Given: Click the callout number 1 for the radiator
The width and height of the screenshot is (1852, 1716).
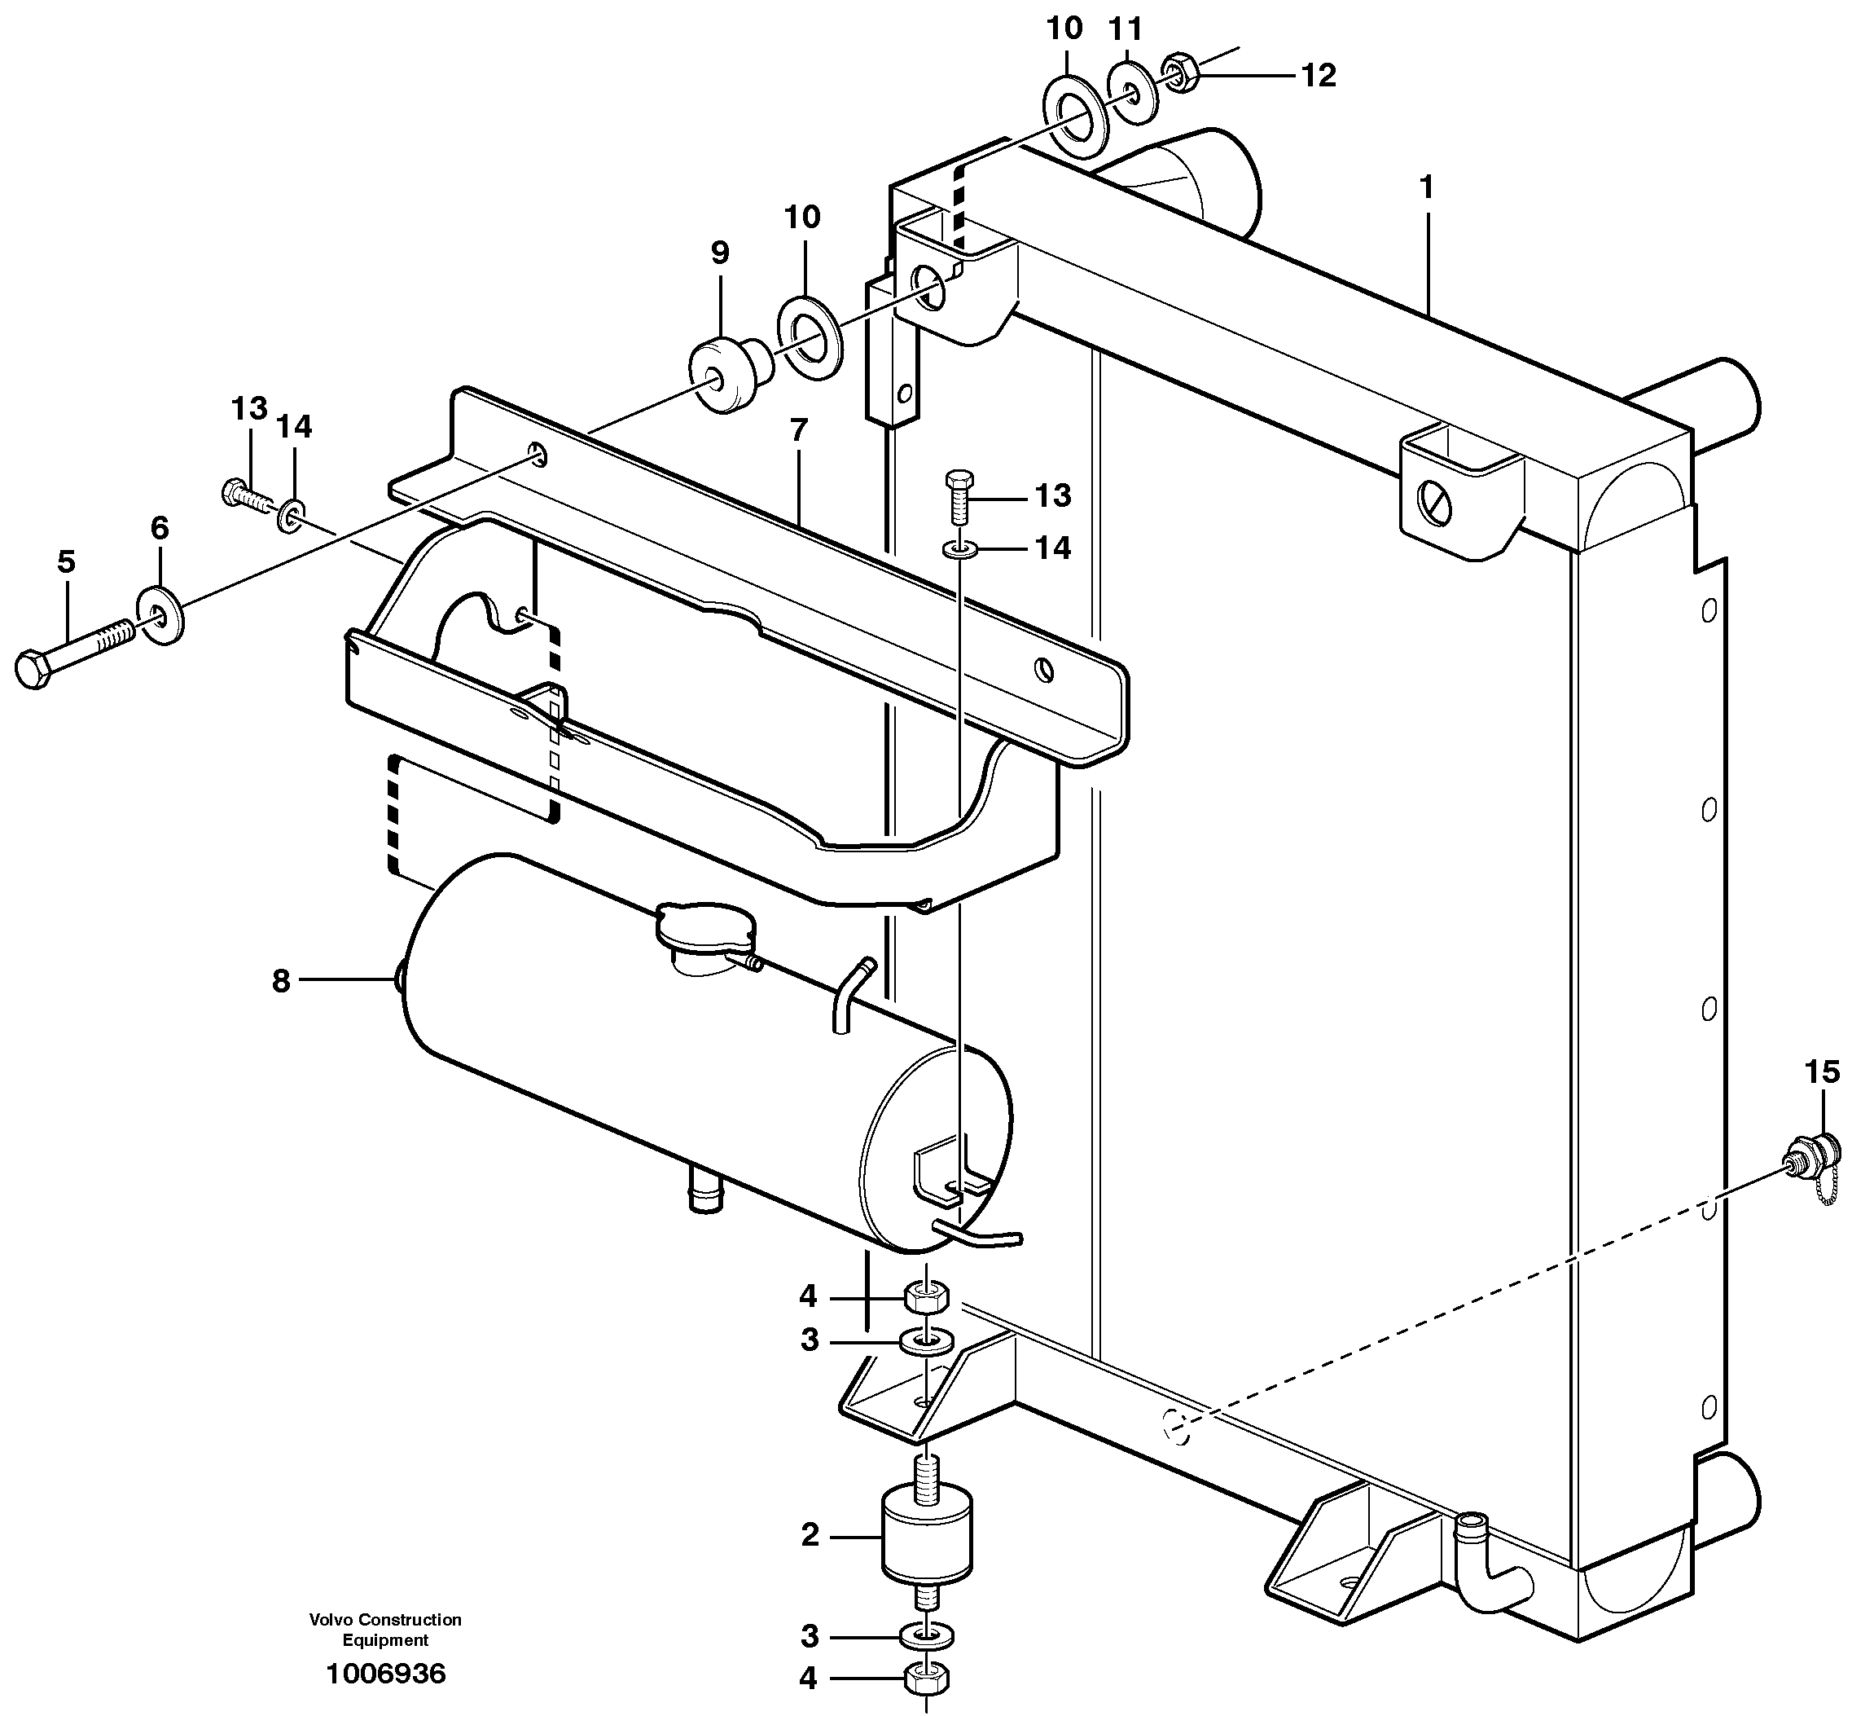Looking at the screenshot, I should point(1426,187).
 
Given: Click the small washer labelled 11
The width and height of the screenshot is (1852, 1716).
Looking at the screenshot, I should point(1131,92).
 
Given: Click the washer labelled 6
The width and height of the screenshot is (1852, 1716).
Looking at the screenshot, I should point(160,614).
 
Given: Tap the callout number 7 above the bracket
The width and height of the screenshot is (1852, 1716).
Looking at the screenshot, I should point(798,430).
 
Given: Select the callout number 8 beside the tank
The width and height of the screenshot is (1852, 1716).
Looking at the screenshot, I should point(280,980).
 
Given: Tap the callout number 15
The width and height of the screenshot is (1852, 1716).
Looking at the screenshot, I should point(1821,1071).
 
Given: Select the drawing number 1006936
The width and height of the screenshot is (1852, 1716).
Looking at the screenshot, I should point(385,1674).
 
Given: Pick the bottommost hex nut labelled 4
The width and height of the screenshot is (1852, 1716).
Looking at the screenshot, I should point(925,1678).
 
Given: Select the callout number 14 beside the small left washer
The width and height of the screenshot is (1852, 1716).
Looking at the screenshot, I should point(294,426).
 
